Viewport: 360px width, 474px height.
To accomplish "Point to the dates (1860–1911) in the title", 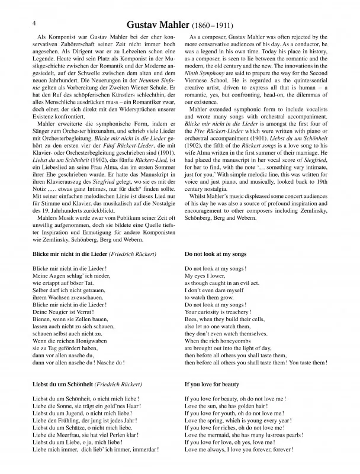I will [x=213, y=25].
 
